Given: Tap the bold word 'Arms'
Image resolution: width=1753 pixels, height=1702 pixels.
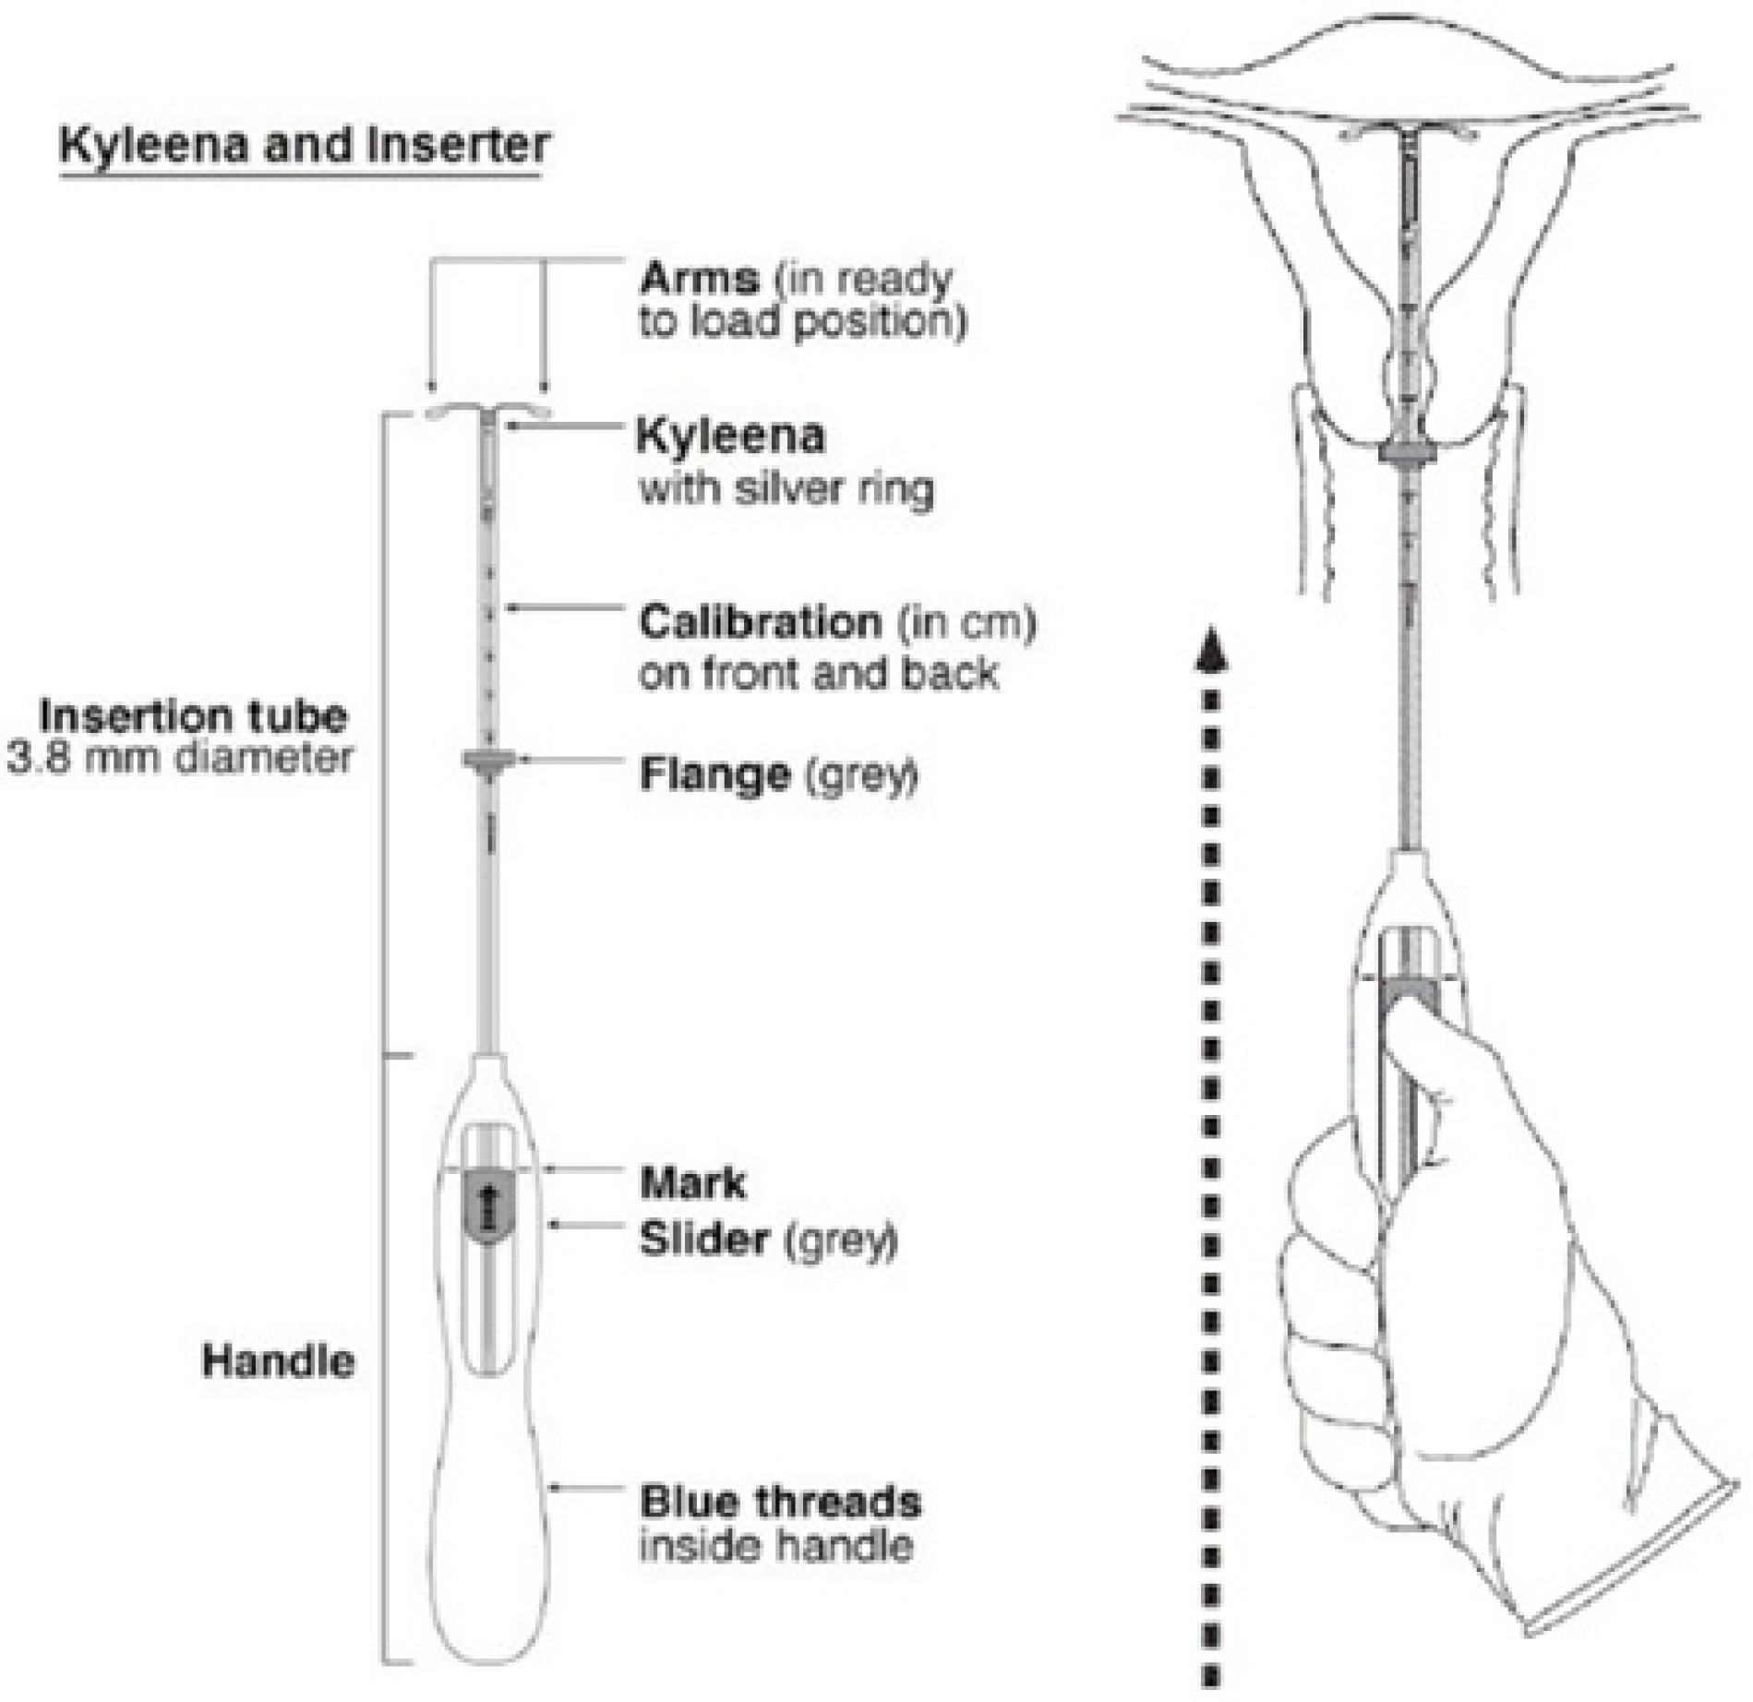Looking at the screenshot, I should point(700,279).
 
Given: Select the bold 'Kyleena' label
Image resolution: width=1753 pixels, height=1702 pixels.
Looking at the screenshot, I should point(731,437).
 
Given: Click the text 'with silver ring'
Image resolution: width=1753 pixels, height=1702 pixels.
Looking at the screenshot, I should point(786,488).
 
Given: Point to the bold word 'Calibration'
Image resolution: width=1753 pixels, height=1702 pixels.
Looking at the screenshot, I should point(760,623).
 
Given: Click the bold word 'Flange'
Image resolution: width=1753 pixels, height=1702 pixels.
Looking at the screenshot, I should point(714,775).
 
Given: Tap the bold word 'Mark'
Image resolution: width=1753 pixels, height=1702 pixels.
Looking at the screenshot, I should point(692,1183).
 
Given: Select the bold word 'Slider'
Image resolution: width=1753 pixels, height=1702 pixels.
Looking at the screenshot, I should point(703,1240).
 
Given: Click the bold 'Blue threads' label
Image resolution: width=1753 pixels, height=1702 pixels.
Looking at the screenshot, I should point(780,1502).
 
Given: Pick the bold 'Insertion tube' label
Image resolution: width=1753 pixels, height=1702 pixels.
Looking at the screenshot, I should point(194,716).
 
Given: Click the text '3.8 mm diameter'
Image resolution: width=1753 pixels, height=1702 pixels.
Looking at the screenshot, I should point(180,759).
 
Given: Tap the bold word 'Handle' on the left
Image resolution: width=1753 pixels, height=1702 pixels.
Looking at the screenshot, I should point(278,1361).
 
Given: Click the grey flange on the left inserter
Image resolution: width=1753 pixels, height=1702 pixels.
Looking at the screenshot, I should point(488,762).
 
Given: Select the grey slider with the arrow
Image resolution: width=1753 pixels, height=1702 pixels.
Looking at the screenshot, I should point(488,1205).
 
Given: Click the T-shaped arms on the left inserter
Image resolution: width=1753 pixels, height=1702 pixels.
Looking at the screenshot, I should point(488,413).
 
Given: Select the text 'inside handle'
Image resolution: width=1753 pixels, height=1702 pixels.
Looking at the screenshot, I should point(775,1546).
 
